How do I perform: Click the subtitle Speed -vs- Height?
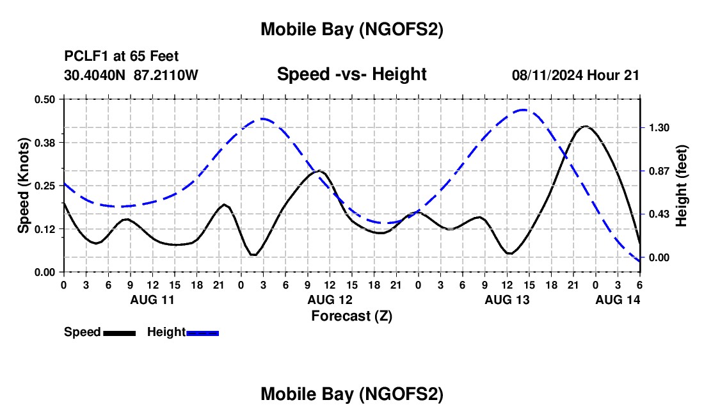pos(351,75)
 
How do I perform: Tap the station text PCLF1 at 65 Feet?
pos(122,56)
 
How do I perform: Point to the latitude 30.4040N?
pos(95,75)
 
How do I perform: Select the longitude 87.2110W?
pos(166,75)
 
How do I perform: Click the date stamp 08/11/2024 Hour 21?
pos(575,75)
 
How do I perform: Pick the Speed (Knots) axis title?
pos(24,186)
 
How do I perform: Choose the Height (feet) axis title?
pos(682,186)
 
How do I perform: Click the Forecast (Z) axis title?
pos(351,316)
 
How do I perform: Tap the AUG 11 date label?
pos(152,300)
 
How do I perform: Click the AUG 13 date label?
pos(506,300)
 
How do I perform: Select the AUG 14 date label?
pos(618,300)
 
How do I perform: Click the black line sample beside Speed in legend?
pos(119,333)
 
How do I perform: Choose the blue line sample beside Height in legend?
pos(202,333)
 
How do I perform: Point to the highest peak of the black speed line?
pos(585,127)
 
